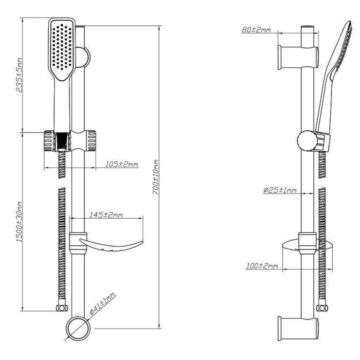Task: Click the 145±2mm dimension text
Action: [106, 214]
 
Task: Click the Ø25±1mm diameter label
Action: [280, 190]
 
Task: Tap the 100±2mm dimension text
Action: [262, 266]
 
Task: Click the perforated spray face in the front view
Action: [63, 46]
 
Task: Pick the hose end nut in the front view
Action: [62, 309]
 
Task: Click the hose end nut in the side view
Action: [322, 308]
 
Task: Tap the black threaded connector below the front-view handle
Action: [62, 139]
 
